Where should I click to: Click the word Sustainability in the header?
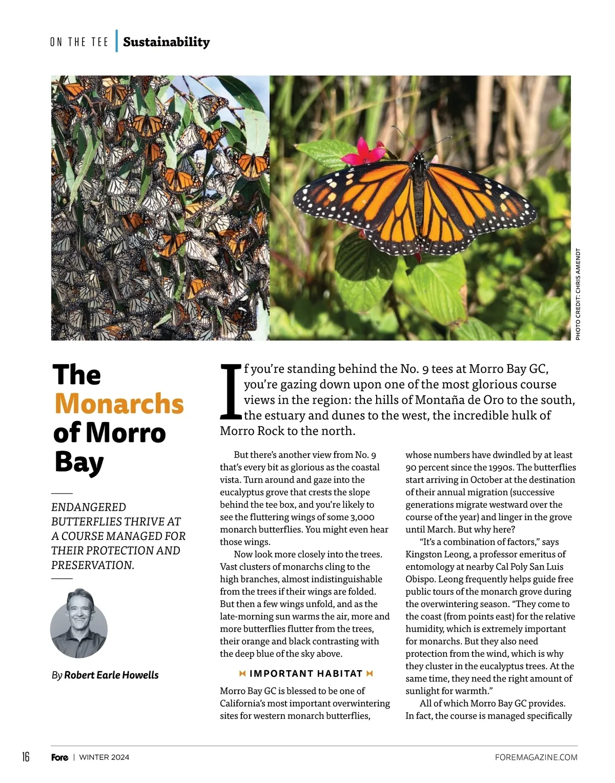(166, 42)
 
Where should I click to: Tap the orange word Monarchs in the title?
(119, 404)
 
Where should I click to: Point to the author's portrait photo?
(79, 623)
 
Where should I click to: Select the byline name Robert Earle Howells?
(111, 675)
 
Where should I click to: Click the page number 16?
(26, 757)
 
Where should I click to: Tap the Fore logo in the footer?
(59, 757)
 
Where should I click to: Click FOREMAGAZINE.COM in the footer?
(536, 757)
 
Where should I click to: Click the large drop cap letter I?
(230, 391)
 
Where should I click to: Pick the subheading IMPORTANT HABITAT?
(306, 674)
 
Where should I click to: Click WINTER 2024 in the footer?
(104, 757)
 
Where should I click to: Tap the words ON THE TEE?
(79, 42)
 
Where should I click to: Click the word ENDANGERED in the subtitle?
(89, 507)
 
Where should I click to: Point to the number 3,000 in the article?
(362, 517)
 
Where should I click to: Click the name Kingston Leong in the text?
(437, 554)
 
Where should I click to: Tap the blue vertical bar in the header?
(117, 41)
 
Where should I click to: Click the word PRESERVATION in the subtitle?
(92, 565)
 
